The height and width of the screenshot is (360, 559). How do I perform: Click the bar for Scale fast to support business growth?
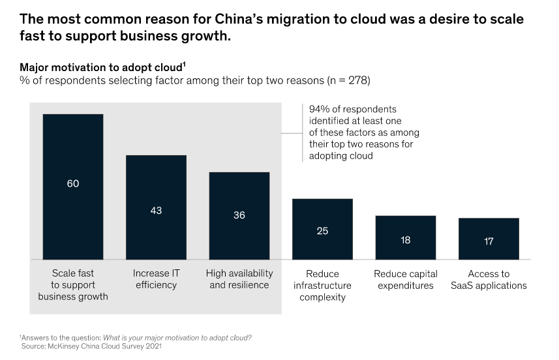click(x=72, y=150)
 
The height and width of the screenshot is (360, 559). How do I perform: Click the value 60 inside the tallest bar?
click(x=72, y=184)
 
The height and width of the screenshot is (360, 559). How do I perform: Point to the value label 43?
click(x=156, y=211)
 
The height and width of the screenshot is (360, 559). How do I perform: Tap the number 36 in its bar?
click(x=239, y=215)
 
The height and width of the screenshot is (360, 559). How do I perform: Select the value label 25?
click(x=322, y=231)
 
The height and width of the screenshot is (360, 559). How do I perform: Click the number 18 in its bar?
click(x=405, y=240)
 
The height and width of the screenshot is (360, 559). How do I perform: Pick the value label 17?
click(x=489, y=241)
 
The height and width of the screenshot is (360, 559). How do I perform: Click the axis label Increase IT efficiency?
click(x=155, y=279)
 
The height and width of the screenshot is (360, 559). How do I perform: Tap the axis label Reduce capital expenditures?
click(x=405, y=279)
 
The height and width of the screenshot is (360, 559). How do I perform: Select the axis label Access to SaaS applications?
click(x=489, y=279)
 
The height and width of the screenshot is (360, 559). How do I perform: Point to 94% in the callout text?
click(x=319, y=109)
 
